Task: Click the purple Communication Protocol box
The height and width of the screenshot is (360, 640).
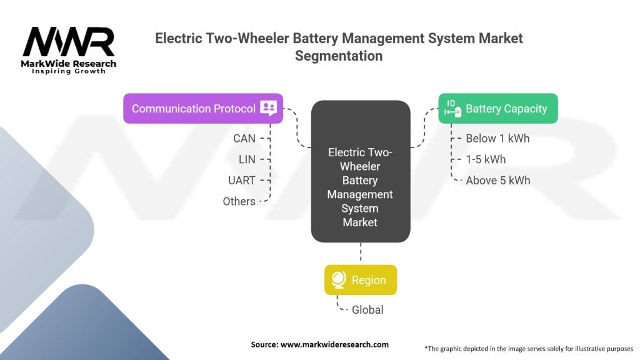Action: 202,109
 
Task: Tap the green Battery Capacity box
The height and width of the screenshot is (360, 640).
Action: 497,109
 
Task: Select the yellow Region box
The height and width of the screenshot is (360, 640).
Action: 360,280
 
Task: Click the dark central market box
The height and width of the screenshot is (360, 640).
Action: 360,171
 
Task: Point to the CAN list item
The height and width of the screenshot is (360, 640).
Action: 244,138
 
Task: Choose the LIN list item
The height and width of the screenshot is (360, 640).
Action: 247,159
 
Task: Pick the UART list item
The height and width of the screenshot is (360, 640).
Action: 242,180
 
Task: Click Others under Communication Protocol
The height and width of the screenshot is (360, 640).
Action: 239,201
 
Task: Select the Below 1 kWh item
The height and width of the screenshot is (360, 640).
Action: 497,138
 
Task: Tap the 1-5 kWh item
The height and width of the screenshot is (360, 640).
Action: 486,159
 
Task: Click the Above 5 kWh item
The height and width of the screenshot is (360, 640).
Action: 498,180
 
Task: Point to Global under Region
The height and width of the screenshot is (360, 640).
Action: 367,309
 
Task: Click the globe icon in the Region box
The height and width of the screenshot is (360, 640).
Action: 339,280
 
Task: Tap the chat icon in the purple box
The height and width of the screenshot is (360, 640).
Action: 268,108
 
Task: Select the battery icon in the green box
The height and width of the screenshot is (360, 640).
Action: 452,108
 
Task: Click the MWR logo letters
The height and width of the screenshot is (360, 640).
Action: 69,42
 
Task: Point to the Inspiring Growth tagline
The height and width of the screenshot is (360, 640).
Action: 69,71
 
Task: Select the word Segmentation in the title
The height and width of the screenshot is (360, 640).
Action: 338,55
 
